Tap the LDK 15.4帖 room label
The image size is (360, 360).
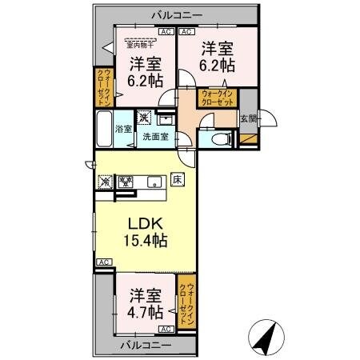tap(144, 230)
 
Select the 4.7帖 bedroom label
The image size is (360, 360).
tap(146, 302)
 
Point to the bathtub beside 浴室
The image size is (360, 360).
tap(104, 129)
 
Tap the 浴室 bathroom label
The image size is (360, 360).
tap(123, 130)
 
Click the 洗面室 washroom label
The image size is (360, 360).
tap(155, 137)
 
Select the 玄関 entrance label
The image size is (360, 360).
tap(249, 120)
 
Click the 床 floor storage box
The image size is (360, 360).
tap(178, 180)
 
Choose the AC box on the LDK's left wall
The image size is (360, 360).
tap(102, 262)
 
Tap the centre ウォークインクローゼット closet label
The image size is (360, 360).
tap(218, 99)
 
